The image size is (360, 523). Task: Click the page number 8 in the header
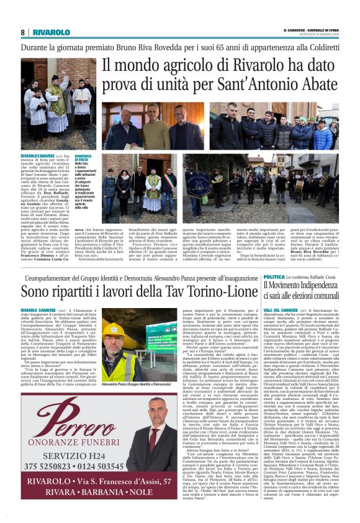[x=23, y=32]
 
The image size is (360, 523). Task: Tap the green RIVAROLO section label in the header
[x=51, y=32]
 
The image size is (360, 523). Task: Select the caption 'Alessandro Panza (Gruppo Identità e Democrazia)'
[x=138, y=385]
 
